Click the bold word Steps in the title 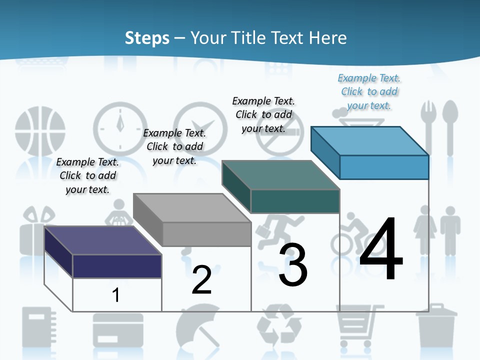[147, 38]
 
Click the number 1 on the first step [116, 295]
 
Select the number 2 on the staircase [201, 280]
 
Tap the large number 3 [293, 265]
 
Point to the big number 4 [381, 250]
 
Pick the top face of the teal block [280, 175]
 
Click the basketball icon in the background [40, 130]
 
